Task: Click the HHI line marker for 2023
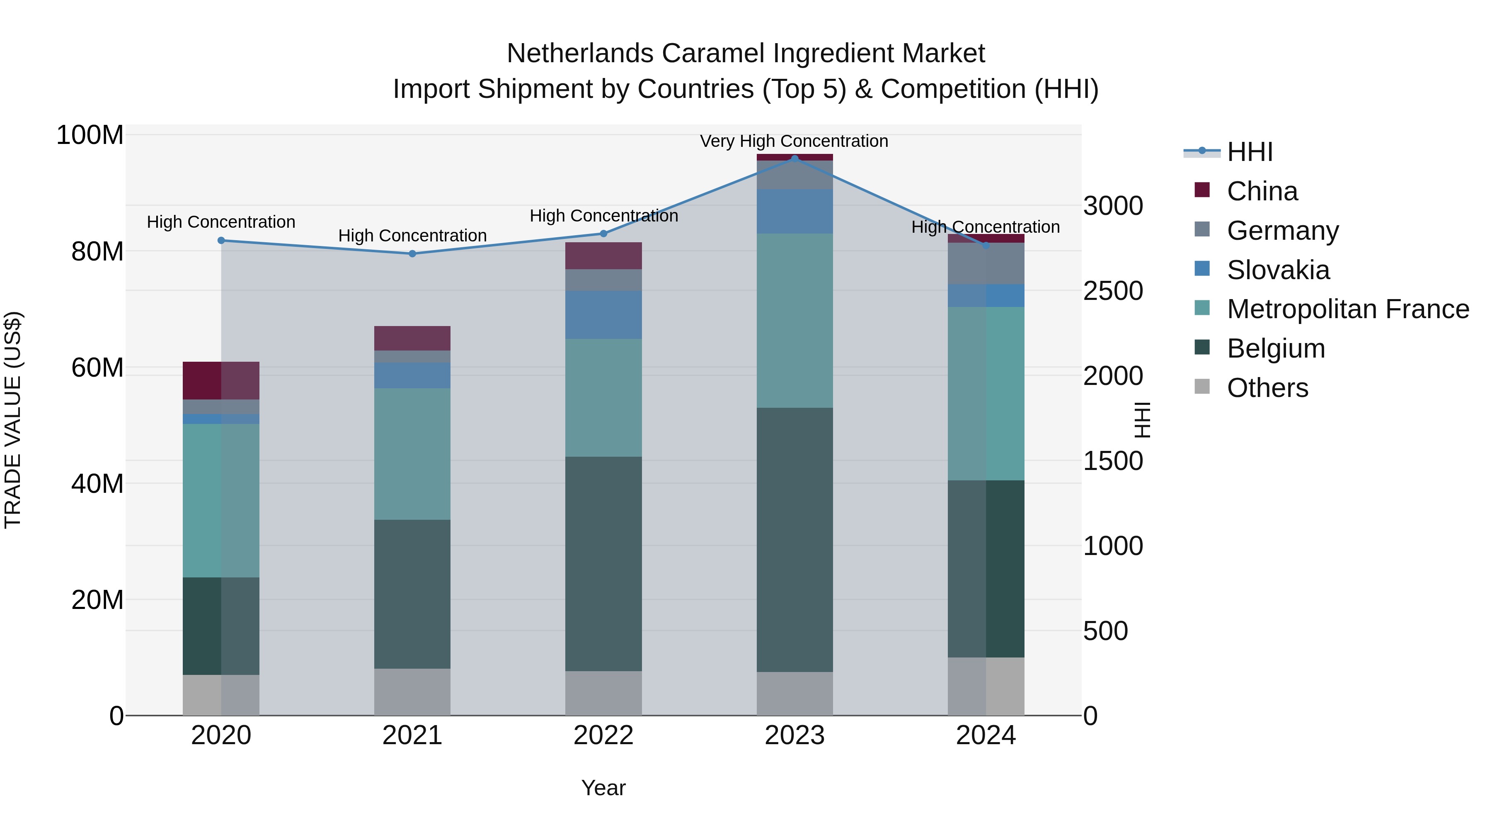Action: pos(794,158)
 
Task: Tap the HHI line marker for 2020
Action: pos(221,241)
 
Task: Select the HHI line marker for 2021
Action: pos(412,254)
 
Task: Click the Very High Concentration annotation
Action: pos(794,141)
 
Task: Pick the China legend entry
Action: pos(1262,191)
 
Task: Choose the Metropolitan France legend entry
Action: pos(1347,309)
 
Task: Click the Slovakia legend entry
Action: pos(1278,270)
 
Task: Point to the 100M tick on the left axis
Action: pos(90,136)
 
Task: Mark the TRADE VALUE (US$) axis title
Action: pos(13,420)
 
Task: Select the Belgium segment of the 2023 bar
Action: pos(794,539)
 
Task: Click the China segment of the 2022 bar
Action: pos(603,256)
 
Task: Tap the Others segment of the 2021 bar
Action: pos(412,692)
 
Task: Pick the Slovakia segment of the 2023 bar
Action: pos(794,212)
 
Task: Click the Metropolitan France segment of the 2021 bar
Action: pos(412,454)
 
